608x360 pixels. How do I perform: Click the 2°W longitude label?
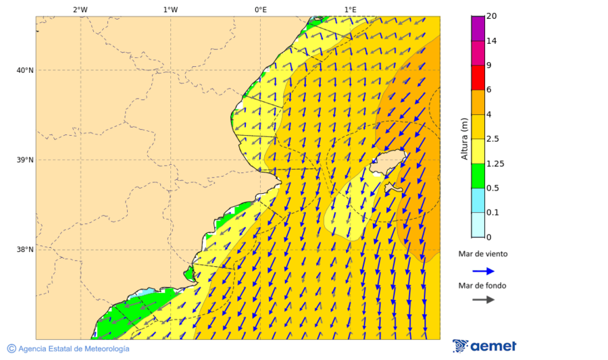80,9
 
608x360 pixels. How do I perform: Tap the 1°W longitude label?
170,9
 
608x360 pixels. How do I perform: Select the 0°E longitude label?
260,9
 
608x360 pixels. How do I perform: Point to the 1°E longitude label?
350,9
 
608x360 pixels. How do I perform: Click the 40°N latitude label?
24,70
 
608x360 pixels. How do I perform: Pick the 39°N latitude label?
24,160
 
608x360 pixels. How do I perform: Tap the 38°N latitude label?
24,250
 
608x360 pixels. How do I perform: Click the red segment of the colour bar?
478,78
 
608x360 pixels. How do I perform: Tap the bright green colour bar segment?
478,176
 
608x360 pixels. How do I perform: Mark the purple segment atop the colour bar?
478,28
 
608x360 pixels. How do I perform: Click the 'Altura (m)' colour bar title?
464,138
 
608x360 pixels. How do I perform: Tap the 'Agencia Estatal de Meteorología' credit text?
72,349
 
